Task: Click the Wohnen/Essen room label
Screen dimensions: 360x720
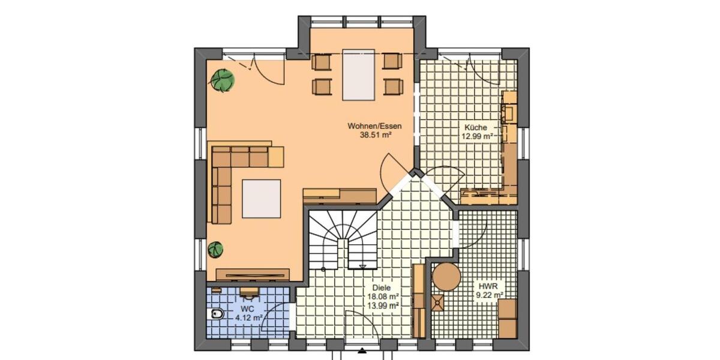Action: pyautogui.click(x=374, y=127)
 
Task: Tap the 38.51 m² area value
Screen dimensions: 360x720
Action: pyautogui.click(x=376, y=136)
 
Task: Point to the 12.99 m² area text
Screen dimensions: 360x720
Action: pyautogui.click(x=477, y=136)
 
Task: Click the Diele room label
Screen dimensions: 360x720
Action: pyautogui.click(x=381, y=287)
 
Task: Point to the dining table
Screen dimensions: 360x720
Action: pyautogui.click(x=358, y=75)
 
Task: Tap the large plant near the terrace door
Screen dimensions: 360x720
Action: pyautogui.click(x=223, y=80)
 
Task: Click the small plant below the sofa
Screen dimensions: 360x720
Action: pyautogui.click(x=215, y=248)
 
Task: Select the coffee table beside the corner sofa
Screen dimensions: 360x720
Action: pyautogui.click(x=261, y=199)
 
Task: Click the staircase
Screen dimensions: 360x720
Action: pyautogui.click(x=343, y=239)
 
